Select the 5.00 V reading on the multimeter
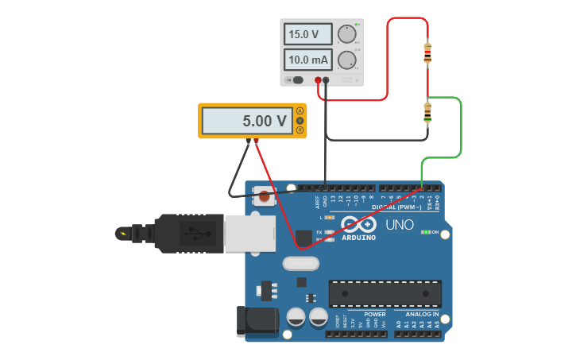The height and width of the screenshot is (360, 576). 247,121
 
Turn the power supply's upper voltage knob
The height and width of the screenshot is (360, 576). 346,34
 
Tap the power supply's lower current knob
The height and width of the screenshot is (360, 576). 346,60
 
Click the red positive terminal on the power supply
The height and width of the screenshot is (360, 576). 318,80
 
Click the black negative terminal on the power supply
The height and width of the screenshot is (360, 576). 326,80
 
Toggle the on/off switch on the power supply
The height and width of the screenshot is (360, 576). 296,79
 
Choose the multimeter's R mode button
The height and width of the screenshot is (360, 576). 300,130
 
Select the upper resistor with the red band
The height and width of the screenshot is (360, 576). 427,53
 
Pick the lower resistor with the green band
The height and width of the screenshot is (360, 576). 427,114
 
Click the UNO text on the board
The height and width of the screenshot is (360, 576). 400,225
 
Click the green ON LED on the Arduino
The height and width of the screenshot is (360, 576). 426,232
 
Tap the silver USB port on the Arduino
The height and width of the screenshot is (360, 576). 249,234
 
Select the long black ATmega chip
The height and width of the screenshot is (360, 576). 385,293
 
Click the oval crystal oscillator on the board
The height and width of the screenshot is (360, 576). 300,263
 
